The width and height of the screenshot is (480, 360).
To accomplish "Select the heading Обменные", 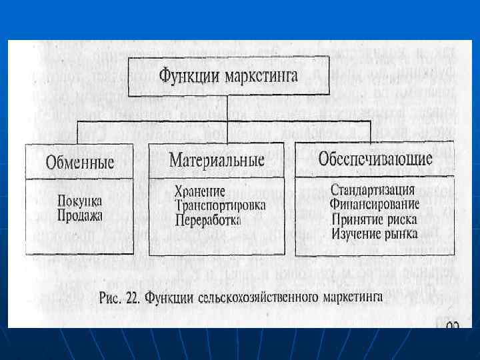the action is click(x=80, y=162).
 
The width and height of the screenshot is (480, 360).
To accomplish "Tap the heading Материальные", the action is click(x=217, y=160).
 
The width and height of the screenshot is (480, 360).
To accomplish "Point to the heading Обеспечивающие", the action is click(x=375, y=159).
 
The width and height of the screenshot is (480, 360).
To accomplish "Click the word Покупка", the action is click(x=80, y=200).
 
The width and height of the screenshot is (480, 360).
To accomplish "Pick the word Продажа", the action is click(x=80, y=215).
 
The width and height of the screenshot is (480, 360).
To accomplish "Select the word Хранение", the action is click(x=200, y=191).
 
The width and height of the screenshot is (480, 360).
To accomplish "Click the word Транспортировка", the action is click(x=220, y=205).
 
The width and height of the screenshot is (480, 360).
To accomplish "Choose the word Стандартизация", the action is click(x=373, y=190).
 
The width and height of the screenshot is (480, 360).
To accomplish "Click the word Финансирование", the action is click(x=374, y=204).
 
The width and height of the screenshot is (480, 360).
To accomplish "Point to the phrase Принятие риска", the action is click(x=374, y=219).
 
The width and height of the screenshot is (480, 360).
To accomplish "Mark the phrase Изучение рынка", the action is click(x=374, y=233).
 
